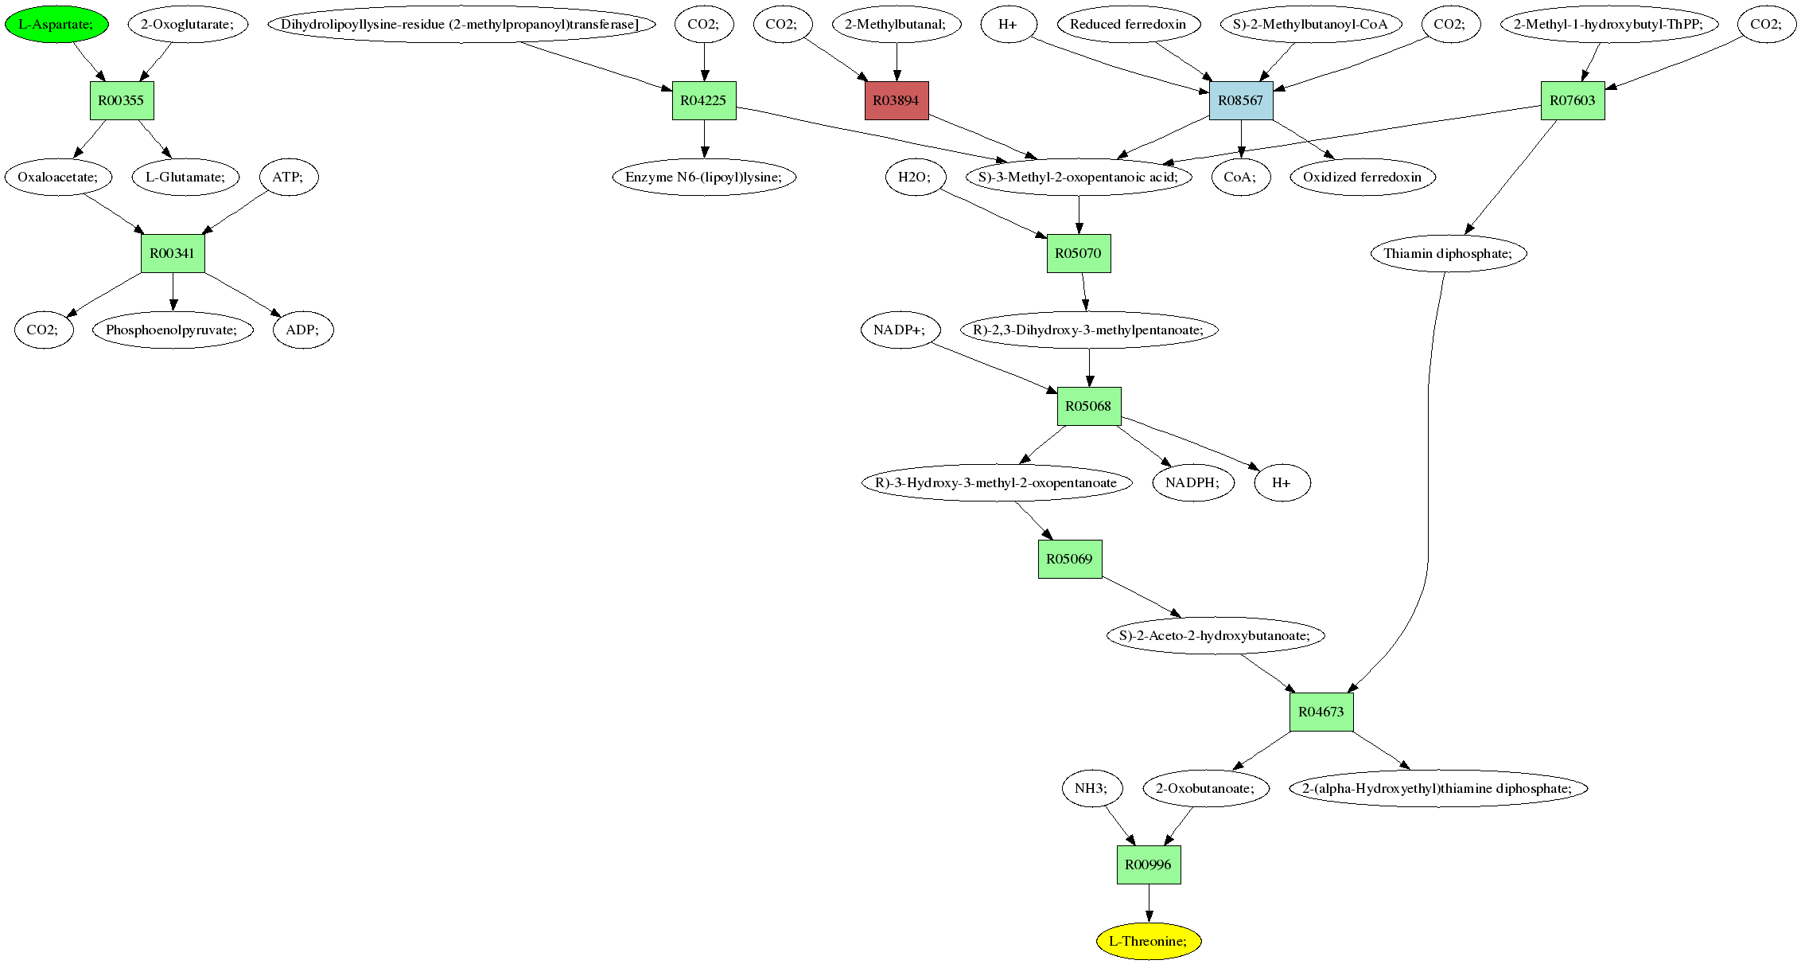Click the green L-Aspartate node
pyautogui.click(x=56, y=24)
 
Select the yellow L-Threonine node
pyautogui.click(x=1149, y=941)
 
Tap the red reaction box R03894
pyautogui.click(x=897, y=100)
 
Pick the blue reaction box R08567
pyautogui.click(x=1241, y=100)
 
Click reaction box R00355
pyautogui.click(x=122, y=100)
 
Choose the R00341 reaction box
pyautogui.click(x=173, y=253)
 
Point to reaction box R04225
pyautogui.click(x=704, y=100)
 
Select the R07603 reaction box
pyautogui.click(x=1573, y=100)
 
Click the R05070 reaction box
pyautogui.click(x=1079, y=253)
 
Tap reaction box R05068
pyautogui.click(x=1089, y=406)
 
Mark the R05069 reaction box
pyautogui.click(x=1070, y=559)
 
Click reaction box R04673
pyautogui.click(x=1321, y=712)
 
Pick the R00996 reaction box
pyautogui.click(x=1149, y=864)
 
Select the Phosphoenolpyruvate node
pyautogui.click(x=173, y=330)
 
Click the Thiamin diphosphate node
pyautogui.click(x=1449, y=253)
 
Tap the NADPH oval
pyautogui.click(x=1193, y=482)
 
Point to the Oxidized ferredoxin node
pyautogui.click(x=1363, y=177)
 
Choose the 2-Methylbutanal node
pyautogui.click(x=897, y=24)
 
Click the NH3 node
pyautogui.click(x=1091, y=788)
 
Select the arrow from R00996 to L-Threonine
pyautogui.click(x=1149, y=903)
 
